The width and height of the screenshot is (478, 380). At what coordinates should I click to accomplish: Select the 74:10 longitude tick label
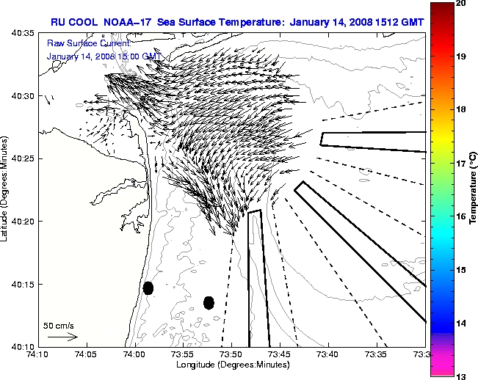pyautogui.click(x=38, y=354)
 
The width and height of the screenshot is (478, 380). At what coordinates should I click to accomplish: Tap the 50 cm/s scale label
pyautogui.click(x=58, y=325)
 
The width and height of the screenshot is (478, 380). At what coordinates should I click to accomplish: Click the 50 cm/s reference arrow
pyautogui.click(x=62, y=337)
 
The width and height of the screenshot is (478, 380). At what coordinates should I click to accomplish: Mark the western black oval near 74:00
pyautogui.click(x=148, y=288)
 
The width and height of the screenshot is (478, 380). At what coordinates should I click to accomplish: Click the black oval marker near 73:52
pyautogui.click(x=209, y=302)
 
